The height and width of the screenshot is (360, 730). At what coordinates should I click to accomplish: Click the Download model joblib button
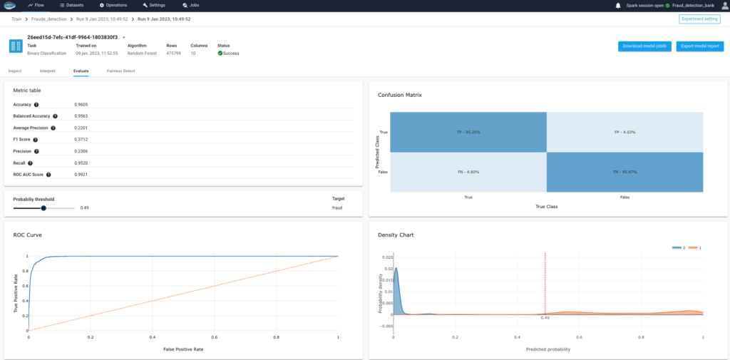tap(644, 46)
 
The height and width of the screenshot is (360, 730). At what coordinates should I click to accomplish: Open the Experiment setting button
tap(701, 19)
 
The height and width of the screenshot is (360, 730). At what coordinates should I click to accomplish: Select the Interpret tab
tap(48, 71)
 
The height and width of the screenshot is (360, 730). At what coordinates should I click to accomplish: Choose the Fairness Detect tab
tap(120, 71)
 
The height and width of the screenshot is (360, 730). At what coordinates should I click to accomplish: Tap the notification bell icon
tap(617, 5)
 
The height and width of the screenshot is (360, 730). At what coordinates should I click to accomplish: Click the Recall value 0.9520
tap(81, 163)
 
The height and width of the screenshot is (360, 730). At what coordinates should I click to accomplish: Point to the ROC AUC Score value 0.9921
tap(81, 175)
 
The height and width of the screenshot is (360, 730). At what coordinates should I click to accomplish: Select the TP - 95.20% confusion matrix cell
tap(468, 132)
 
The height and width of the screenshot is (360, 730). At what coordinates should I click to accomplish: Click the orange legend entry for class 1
tap(694, 247)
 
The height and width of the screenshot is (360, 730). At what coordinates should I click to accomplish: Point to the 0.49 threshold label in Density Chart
tap(545, 318)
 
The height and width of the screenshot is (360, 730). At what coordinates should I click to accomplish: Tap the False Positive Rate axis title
tap(183, 349)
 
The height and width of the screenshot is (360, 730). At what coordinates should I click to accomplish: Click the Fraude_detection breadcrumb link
tap(48, 19)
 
